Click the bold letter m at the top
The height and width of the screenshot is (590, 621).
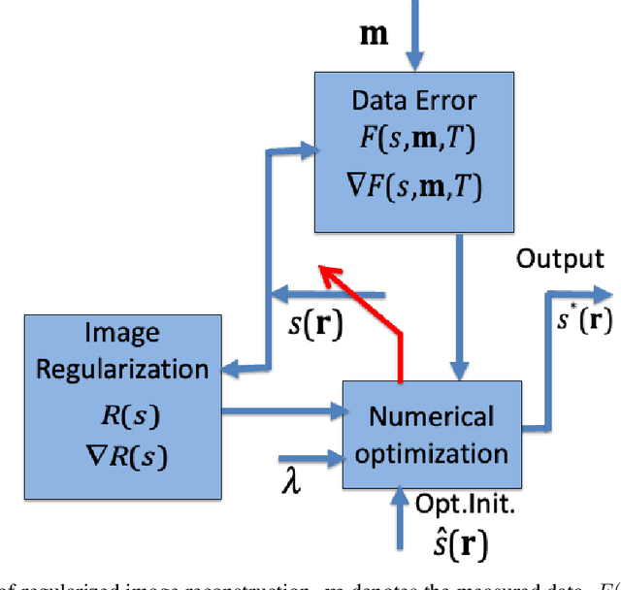[x=374, y=36]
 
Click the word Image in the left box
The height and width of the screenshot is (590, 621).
[x=121, y=334]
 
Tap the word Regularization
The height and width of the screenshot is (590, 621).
[x=121, y=369]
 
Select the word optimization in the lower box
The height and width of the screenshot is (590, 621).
[x=431, y=453]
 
